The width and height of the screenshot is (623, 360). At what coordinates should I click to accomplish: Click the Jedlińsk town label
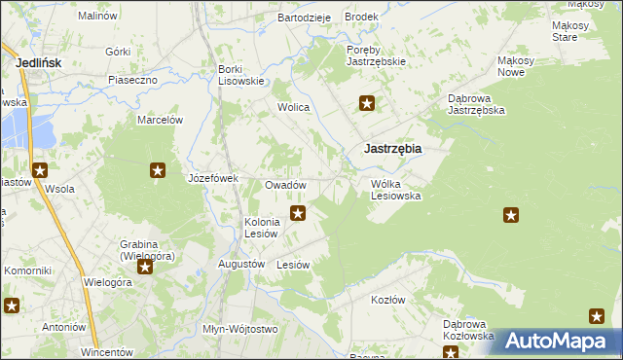coord(40,63)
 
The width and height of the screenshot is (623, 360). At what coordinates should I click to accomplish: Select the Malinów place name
coord(96,17)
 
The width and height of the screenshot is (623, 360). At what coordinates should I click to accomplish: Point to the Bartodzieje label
coord(305,18)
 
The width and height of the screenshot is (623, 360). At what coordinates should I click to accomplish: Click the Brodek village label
coord(361,18)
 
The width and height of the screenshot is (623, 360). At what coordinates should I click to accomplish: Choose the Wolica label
coord(293,108)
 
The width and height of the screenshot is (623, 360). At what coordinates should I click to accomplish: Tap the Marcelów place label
coord(161,120)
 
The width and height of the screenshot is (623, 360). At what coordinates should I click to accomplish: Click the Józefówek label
coord(213,179)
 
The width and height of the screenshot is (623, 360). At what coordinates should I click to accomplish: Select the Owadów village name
coord(286,185)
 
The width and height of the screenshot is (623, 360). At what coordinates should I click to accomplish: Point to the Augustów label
coord(242,264)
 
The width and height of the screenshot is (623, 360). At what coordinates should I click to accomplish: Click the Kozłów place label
coord(387,300)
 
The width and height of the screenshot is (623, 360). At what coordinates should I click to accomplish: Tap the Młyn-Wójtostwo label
coord(239,329)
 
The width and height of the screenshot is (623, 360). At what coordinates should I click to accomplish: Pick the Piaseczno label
coord(133,80)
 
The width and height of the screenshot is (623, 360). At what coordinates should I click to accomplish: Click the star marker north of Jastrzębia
coord(367,103)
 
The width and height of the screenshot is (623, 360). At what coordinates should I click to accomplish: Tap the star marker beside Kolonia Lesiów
coord(299,213)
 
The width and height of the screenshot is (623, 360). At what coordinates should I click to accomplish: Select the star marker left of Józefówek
coord(158,171)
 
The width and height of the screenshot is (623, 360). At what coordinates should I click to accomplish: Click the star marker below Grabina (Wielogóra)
coord(145,267)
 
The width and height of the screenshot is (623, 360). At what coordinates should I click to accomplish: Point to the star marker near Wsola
coord(40,171)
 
